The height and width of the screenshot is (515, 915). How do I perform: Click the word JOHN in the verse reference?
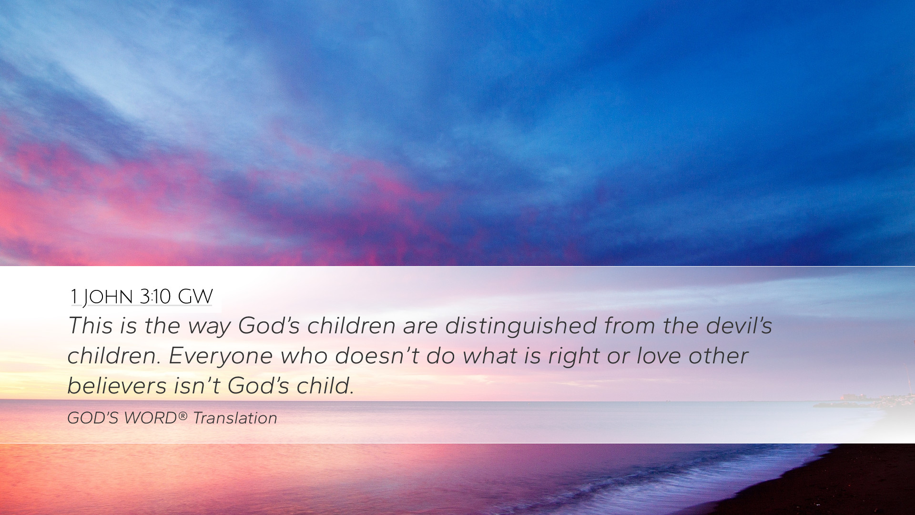pyautogui.click(x=107, y=297)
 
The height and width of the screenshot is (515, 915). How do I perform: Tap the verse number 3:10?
pyautogui.click(x=155, y=297)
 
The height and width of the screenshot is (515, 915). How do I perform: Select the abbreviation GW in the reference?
pyautogui.click(x=195, y=297)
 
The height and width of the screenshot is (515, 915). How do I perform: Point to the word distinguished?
pyautogui.click(x=521, y=327)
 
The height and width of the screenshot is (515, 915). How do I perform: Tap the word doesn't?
pyautogui.click(x=376, y=356)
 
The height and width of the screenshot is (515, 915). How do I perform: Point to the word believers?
pyautogui.click(x=117, y=386)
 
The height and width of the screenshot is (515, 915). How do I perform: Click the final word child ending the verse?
pyautogui.click(x=325, y=386)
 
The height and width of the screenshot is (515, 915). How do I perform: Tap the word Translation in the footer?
pyautogui.click(x=235, y=418)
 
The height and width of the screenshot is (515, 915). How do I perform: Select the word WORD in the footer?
pyautogui.click(x=150, y=418)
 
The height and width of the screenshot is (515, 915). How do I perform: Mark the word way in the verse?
pyautogui.click(x=209, y=328)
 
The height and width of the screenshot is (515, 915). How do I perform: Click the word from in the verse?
pyautogui.click(x=630, y=326)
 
